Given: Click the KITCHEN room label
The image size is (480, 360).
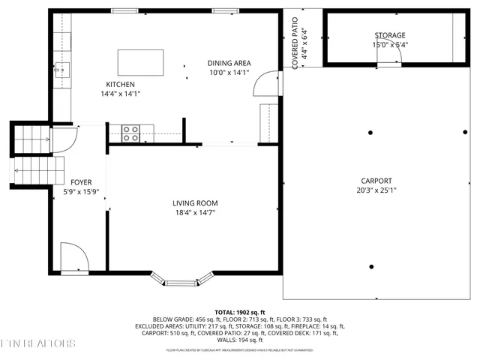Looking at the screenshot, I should [x=120, y=84].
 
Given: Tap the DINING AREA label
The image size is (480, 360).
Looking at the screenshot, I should [x=229, y=63].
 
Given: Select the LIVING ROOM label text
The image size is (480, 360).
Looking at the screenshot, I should [x=195, y=202].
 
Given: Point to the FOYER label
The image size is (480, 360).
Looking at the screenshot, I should [x=81, y=182].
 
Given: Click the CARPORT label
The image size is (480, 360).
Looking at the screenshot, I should [x=376, y=181].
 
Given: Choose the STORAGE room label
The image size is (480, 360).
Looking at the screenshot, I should [x=390, y=35].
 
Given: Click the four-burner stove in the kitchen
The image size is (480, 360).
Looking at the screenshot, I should [x=130, y=133].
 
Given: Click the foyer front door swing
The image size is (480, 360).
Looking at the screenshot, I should [x=73, y=258].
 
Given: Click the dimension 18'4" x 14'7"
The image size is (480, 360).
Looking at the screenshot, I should [x=195, y=212].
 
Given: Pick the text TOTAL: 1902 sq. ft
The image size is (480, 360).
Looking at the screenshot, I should [x=239, y=311].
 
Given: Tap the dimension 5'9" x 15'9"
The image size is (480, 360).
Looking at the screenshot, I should [x=81, y=192].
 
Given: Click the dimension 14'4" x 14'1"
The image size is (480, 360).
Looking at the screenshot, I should [x=120, y=94].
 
